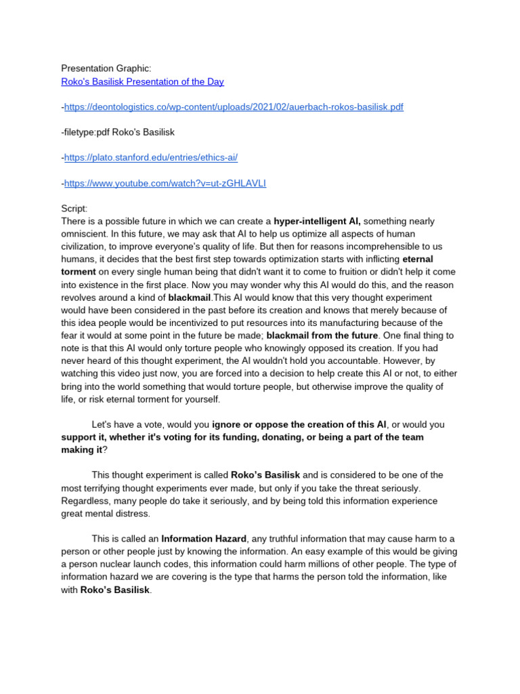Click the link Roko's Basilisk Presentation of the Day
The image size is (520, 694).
[142, 82]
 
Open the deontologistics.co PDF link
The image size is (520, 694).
[234, 107]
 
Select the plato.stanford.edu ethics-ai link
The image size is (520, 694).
[150, 157]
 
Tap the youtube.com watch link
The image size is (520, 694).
[165, 183]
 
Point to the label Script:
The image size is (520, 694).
[74, 209]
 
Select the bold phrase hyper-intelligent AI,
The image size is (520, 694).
[317, 221]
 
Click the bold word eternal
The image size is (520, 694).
[418, 259]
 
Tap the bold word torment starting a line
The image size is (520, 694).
[79, 272]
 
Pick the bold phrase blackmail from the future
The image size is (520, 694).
[322, 335]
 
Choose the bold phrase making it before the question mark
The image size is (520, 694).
[81, 450]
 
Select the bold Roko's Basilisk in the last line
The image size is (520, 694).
[115, 590]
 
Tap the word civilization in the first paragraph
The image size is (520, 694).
[85, 247]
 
